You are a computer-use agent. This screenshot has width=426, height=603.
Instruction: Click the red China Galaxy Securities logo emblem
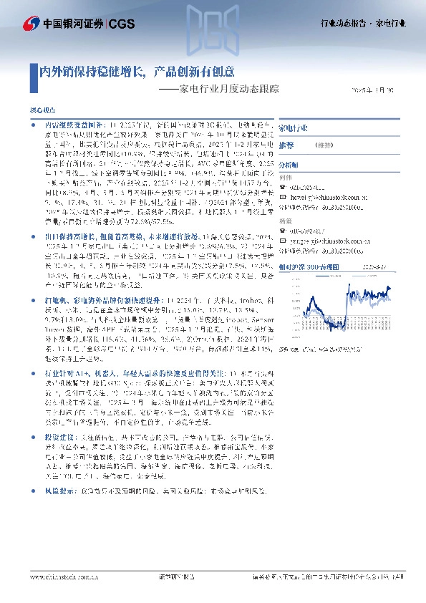click(x=32, y=24)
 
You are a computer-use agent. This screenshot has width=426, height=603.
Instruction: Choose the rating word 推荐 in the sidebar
click(x=286, y=145)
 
